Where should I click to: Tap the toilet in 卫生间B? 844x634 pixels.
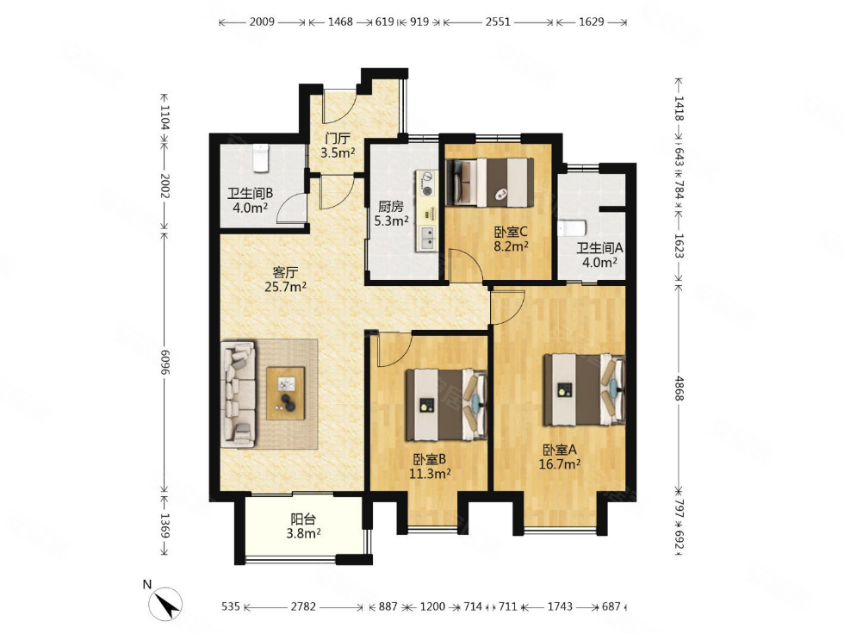point(260,158)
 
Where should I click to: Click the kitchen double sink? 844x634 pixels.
point(428,238)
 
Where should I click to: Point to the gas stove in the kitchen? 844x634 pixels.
point(427,183)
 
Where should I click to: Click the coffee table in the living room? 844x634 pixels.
point(285,393)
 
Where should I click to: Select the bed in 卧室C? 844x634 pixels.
point(489,183)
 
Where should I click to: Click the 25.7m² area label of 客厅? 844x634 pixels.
point(285,287)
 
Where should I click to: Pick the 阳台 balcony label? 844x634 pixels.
point(303,519)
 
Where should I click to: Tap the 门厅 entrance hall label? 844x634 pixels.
point(338,139)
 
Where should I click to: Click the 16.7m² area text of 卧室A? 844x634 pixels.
point(560,464)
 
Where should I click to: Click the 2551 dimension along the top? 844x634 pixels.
point(498,22)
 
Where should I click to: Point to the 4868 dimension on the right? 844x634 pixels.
point(680,388)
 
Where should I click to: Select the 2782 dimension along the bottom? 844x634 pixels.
point(303,606)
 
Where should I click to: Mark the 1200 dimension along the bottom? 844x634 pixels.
point(432,606)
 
